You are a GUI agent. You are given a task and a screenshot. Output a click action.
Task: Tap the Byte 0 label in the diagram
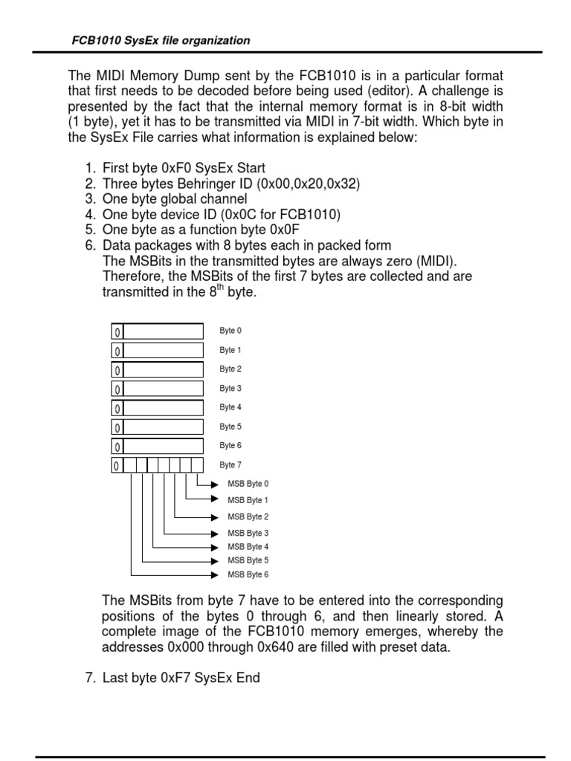pyautogui.click(x=230, y=331)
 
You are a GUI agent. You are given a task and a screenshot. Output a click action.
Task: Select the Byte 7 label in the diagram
pyautogui.click(x=230, y=465)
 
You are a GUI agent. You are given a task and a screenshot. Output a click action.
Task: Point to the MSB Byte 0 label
pyautogui.click(x=248, y=484)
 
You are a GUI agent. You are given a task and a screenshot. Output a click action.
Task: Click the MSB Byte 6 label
pyautogui.click(x=248, y=574)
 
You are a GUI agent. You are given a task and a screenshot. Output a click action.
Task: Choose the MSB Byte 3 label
pyautogui.click(x=248, y=534)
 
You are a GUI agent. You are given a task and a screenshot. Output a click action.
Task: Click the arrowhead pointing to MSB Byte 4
pyautogui.click(x=216, y=547)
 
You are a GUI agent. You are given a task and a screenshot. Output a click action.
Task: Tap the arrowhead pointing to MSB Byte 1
pyautogui.click(x=216, y=499)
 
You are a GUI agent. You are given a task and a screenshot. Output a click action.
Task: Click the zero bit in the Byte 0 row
pyautogui.click(x=117, y=331)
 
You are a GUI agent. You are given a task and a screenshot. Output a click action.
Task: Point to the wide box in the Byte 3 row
pyautogui.click(x=163, y=389)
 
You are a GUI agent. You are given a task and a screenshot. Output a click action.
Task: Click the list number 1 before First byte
pyautogui.click(x=89, y=168)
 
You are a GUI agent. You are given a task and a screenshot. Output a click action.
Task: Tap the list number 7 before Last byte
pyautogui.click(x=89, y=678)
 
